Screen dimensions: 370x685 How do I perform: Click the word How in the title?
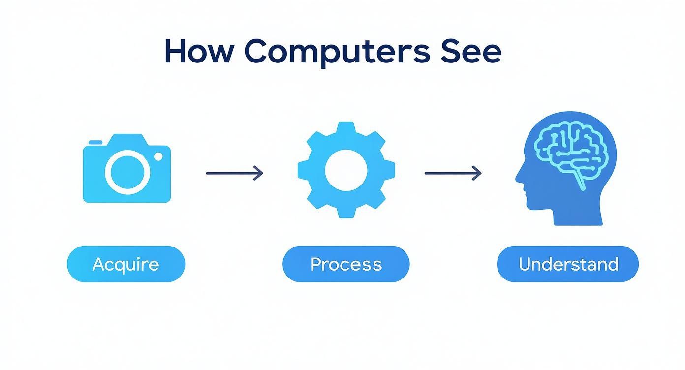pos(198,51)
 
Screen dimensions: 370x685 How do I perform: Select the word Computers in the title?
pos(337,52)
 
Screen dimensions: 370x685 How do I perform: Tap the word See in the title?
pos(471,51)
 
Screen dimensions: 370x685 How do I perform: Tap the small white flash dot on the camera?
pos(158,156)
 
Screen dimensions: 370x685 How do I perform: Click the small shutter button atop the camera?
pos(95,142)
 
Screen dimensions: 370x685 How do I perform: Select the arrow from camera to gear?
pos(234,173)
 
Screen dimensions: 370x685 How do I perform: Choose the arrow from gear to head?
pos(453,173)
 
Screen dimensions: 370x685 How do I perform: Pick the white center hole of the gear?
pos(346,170)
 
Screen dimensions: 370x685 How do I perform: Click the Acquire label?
pos(126,264)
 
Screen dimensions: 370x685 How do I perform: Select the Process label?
pos(346,264)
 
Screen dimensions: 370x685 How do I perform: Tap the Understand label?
pos(568,264)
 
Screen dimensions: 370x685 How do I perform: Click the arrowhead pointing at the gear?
pos(259,173)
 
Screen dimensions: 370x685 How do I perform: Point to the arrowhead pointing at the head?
pos(477,173)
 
